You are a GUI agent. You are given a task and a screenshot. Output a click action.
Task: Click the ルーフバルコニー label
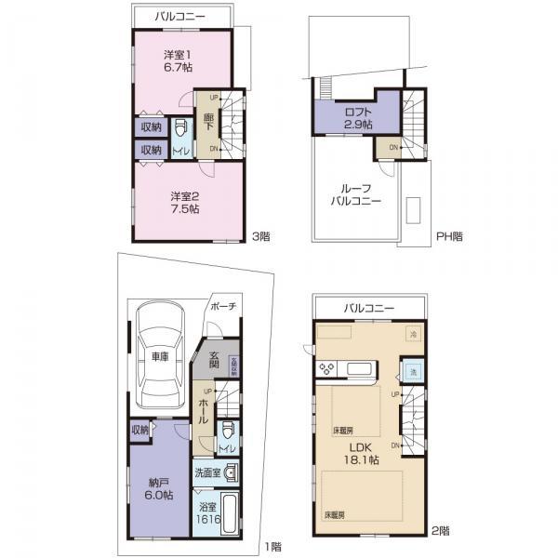tap(354, 192)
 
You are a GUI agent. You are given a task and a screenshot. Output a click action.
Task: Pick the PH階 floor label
tap(449, 236)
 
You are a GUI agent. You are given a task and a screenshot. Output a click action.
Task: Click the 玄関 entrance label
tap(213, 360)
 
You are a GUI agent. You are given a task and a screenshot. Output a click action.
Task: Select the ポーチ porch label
tap(223, 305)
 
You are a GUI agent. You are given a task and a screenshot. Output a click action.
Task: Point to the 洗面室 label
tap(208, 472)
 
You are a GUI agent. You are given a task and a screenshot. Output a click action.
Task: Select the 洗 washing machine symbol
tap(413, 373)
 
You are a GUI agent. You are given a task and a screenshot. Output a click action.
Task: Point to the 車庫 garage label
tap(159, 356)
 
